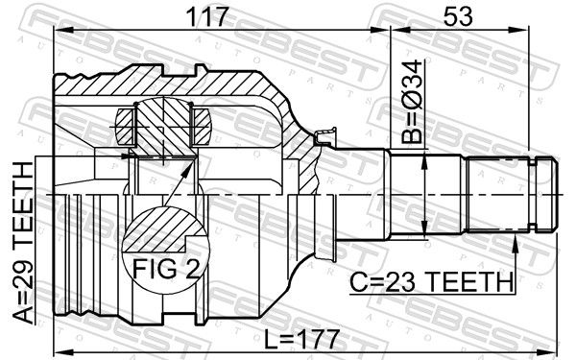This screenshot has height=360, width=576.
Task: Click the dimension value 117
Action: pyautogui.click(x=207, y=16)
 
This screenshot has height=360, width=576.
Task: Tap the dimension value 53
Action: pyautogui.click(x=458, y=16)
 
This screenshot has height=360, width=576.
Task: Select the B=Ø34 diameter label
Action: pyautogui.click(x=412, y=102)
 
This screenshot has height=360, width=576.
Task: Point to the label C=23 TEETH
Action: pyautogui.click(x=431, y=282)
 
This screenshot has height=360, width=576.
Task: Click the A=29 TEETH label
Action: pyautogui.click(x=23, y=243)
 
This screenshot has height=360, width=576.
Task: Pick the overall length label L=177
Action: pyautogui.click(x=301, y=339)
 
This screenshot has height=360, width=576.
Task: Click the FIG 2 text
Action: pyautogui.click(x=166, y=269)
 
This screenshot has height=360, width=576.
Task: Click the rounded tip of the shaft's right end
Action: pyautogui.click(x=555, y=194)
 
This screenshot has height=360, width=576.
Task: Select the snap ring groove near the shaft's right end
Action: pyautogui.click(x=532, y=194)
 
